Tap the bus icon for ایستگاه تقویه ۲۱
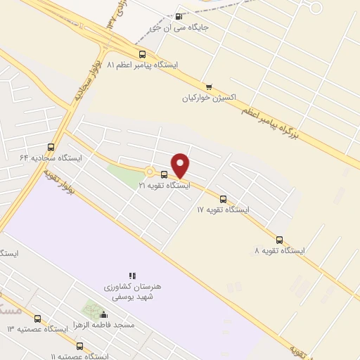[x=164, y=174]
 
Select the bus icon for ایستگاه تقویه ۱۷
[x=224, y=199]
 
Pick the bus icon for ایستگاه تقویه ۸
[x=280, y=240]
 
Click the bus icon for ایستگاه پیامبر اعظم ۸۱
[x=143, y=53]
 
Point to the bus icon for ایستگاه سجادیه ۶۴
[x=51, y=148]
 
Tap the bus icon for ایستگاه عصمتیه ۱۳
[x=37, y=319]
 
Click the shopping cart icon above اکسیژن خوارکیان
[x=208, y=86]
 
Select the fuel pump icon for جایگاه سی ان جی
[x=178, y=17]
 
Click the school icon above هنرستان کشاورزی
[x=131, y=276]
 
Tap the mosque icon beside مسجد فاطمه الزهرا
[x=104, y=315]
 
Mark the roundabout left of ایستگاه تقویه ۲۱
[x=149, y=171]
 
